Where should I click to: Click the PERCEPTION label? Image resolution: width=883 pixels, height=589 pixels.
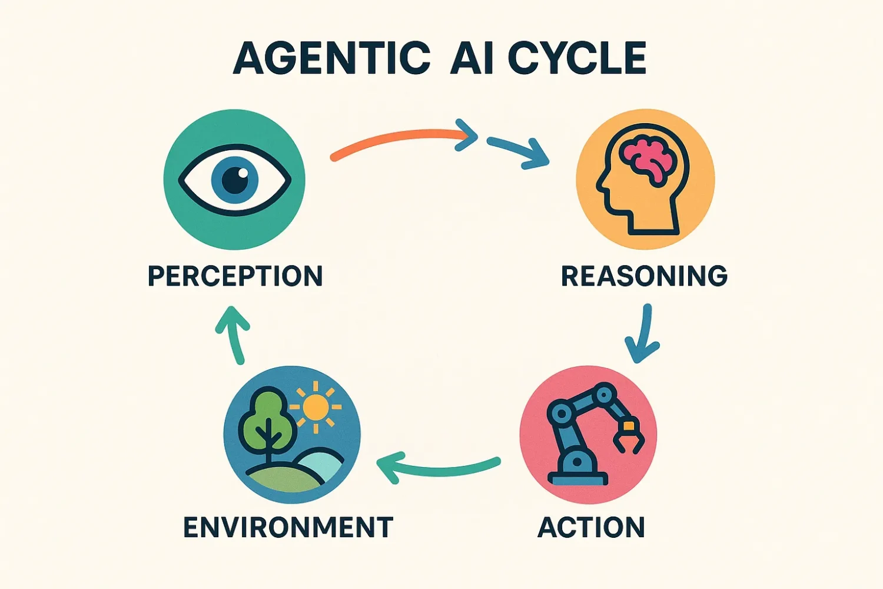coord(235,276)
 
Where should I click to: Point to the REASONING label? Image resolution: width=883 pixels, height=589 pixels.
coord(644,276)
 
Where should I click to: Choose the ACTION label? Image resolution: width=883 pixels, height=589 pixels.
coord(591,527)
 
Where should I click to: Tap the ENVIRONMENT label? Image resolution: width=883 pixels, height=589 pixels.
coord(288,527)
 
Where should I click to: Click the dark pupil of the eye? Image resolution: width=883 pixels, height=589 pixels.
coord(235,179)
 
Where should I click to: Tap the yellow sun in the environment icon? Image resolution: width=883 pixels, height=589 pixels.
coord(316,407)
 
